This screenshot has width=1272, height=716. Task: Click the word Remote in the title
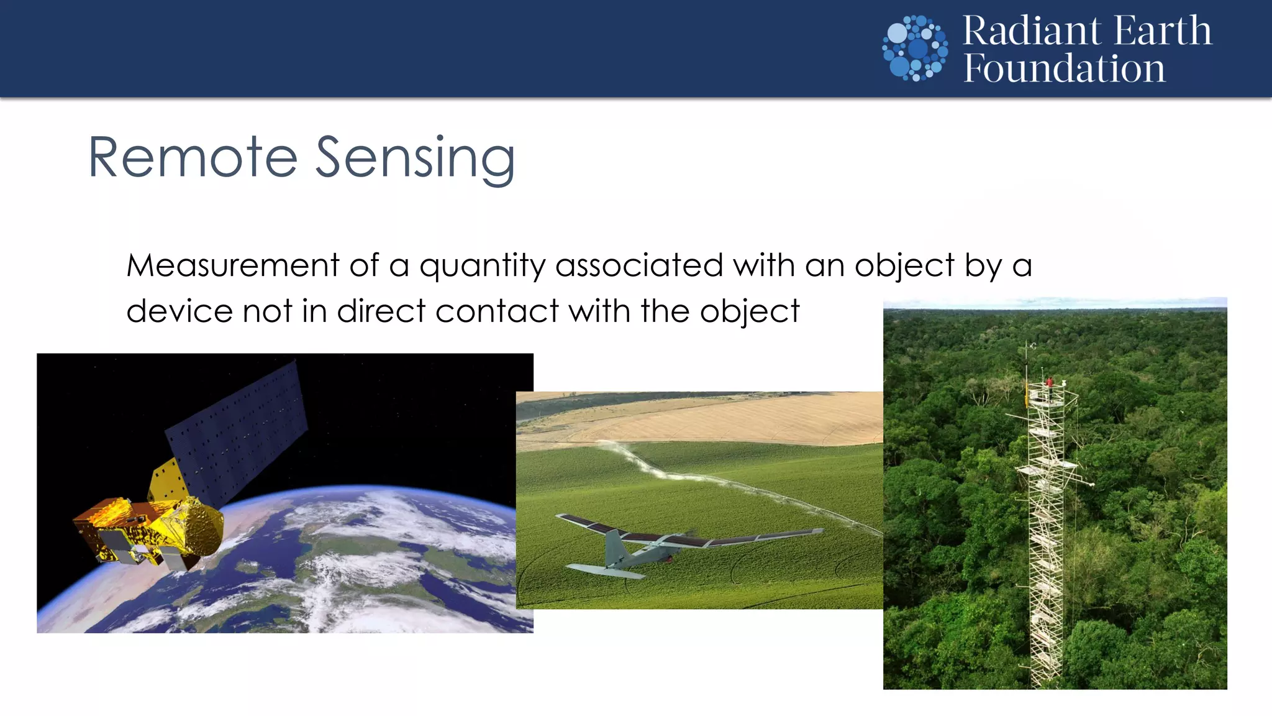tap(193, 158)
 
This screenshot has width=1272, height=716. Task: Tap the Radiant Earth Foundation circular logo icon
tap(915, 48)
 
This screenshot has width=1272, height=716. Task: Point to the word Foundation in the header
tap(1064, 68)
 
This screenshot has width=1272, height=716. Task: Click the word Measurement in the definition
tap(232, 265)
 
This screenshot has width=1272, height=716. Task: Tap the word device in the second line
tap(179, 311)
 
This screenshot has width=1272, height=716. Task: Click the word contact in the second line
tap(497, 311)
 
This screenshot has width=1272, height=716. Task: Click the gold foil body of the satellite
tap(149, 528)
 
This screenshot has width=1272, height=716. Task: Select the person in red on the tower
tap(1050, 381)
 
